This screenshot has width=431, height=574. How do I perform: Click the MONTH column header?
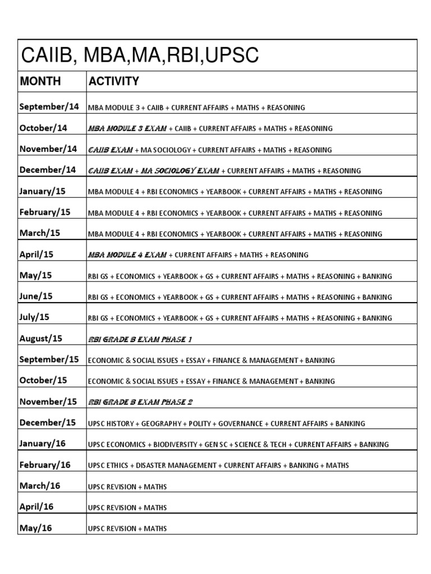coord(40,81)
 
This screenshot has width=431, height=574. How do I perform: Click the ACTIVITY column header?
coord(114,81)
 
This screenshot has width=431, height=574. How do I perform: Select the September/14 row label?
coord(49,107)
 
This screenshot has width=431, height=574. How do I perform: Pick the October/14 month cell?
coord(43,128)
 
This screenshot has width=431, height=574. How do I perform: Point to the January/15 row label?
coord(42,191)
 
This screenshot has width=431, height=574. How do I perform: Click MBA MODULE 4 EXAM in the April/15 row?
coord(127,254)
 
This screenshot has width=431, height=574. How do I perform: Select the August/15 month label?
coord(41,339)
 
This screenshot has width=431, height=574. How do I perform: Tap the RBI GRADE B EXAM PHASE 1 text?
coord(140,339)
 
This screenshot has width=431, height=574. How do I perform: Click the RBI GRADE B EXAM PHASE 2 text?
coord(140,402)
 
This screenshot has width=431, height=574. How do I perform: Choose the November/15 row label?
coord(48,401)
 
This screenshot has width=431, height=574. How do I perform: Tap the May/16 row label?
coord(35,528)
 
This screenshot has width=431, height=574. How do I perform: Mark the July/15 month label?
coord(34,317)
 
